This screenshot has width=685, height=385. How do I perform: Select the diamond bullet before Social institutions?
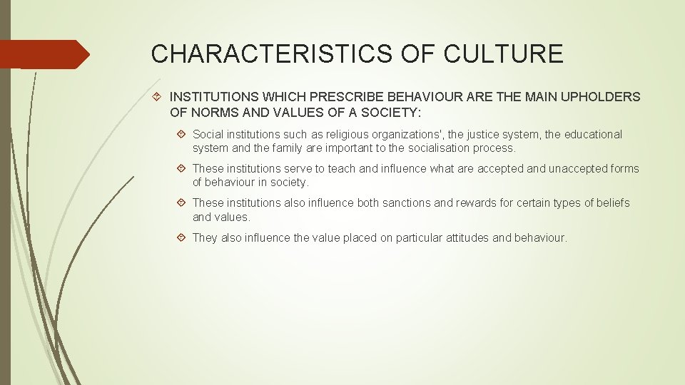[182, 134]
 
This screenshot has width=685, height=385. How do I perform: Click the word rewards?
[475, 203]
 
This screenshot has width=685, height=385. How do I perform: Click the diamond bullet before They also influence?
[182, 237]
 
